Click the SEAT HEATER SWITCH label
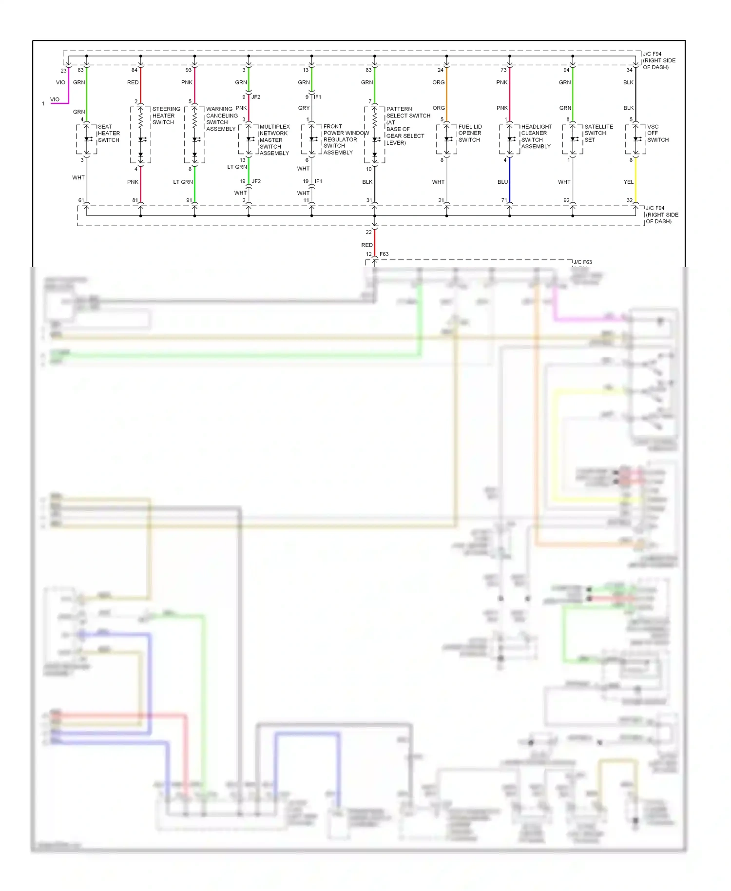point(108,133)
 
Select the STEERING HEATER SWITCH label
point(166,116)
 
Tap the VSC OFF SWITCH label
point(657,133)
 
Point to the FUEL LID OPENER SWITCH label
point(469,133)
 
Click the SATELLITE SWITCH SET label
point(598,133)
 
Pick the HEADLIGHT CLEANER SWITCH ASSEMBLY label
point(536,136)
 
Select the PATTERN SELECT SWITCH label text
point(408,112)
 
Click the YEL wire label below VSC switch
point(628,182)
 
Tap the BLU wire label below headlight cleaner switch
point(502,182)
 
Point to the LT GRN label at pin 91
point(183,182)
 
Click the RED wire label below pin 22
point(366,245)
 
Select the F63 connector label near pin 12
point(384,254)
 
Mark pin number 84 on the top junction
point(134,70)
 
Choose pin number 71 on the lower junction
point(503,200)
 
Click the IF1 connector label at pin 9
point(317,97)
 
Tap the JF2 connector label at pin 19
point(256,181)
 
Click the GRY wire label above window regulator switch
point(304,108)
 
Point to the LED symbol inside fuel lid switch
point(447,139)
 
